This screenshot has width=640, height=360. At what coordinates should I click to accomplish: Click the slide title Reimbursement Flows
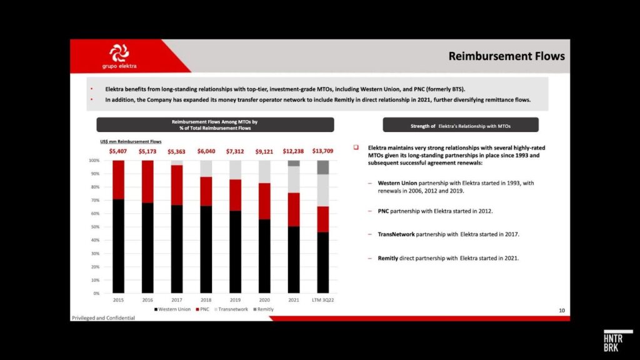coord(506,56)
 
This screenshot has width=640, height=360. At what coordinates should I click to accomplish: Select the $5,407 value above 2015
coord(118,151)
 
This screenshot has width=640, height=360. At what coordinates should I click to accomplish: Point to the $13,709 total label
coord(322,151)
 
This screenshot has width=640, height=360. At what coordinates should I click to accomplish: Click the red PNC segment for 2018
coord(206,191)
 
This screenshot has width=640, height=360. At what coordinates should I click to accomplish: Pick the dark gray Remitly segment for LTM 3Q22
coord(322,167)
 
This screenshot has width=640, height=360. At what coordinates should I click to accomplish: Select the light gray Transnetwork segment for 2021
coord(293,179)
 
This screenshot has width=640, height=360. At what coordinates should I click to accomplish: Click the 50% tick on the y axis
coord(94,227)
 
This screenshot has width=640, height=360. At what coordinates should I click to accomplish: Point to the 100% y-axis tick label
coord(94,161)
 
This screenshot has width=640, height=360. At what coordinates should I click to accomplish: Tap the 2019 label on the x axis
coord(235,300)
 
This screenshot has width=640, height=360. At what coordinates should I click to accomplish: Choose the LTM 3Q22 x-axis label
coord(322,300)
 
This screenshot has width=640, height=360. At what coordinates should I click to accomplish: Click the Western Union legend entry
coord(174,309)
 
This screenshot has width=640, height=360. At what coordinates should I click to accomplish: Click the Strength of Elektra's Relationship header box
coord(461,126)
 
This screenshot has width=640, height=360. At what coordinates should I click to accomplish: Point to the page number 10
coord(561,311)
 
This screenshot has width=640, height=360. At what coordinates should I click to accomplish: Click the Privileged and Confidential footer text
coord(103,318)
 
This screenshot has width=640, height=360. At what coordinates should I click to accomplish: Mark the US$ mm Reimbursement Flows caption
coord(126,142)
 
